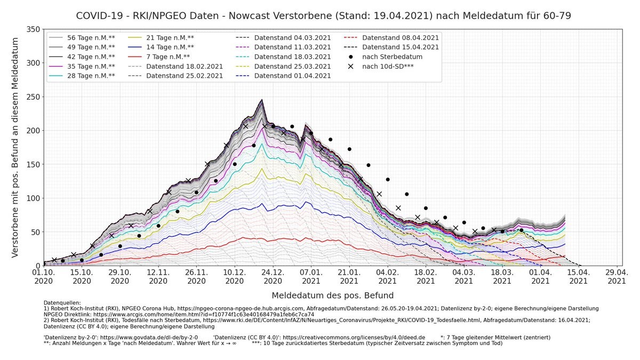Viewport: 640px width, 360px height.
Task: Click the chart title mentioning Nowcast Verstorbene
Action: tap(323, 15)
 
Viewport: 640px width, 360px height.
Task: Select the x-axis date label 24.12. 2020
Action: tap(273, 276)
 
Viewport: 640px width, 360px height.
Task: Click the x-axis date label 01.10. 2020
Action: tap(44, 276)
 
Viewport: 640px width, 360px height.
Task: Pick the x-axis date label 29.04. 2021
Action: tap(617, 276)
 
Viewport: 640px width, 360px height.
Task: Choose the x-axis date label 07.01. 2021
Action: tap(311, 276)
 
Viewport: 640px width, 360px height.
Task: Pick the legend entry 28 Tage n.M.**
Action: tap(89, 76)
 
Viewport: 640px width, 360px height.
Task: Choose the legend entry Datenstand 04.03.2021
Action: tap(292, 37)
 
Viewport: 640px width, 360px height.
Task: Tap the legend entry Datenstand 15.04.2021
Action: tap(400, 47)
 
